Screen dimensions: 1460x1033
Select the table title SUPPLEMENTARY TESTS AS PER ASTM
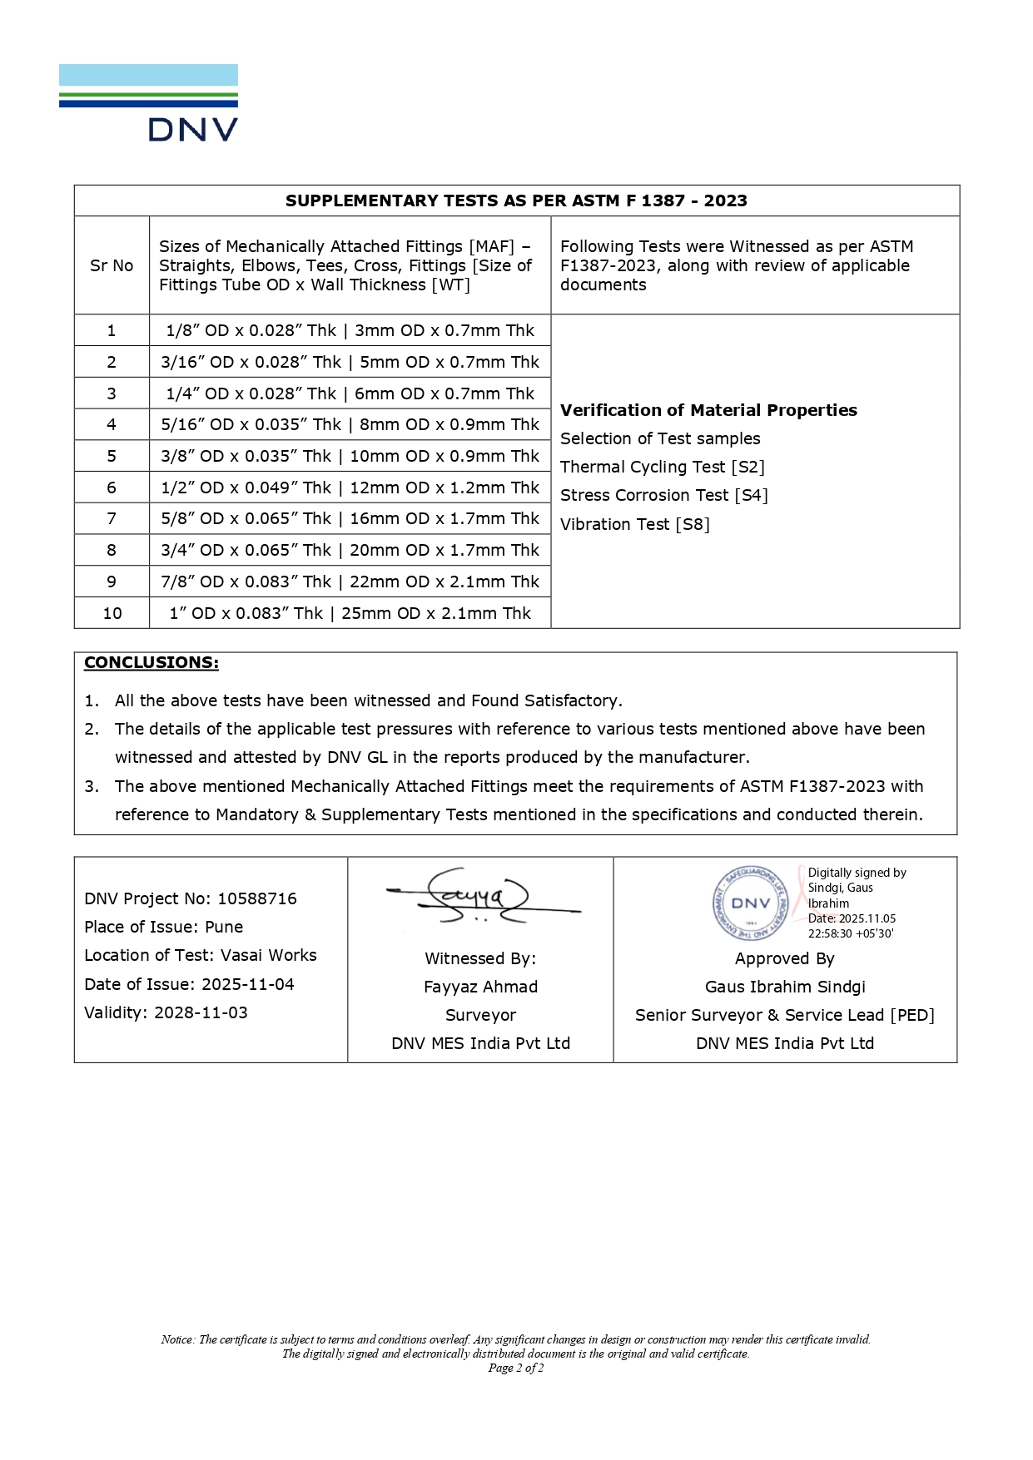tap(516, 200)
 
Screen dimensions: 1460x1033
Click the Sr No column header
tap(112, 265)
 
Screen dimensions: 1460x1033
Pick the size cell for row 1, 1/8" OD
tap(350, 330)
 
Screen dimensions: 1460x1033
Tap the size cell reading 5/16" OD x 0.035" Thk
tap(350, 424)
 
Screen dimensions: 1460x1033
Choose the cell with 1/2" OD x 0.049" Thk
tap(350, 487)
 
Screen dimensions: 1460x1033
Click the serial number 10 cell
tap(112, 613)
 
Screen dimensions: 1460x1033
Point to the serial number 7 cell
tap(112, 518)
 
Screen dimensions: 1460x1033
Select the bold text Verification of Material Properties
tap(708, 410)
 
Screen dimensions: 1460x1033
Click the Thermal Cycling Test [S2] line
tap(663, 467)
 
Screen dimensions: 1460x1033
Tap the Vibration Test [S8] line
tap(635, 524)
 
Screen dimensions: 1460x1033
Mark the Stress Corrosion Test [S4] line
tap(664, 495)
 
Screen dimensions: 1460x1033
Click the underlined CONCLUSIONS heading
tap(151, 662)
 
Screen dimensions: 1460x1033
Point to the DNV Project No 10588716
tap(191, 898)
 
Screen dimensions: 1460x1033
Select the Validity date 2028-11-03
tap(166, 1012)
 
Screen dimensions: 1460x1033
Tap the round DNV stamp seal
tap(751, 903)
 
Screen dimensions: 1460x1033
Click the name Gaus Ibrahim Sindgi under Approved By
tap(785, 987)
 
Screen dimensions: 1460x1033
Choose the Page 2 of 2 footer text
tap(516, 1368)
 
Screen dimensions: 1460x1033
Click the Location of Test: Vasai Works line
tap(201, 955)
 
